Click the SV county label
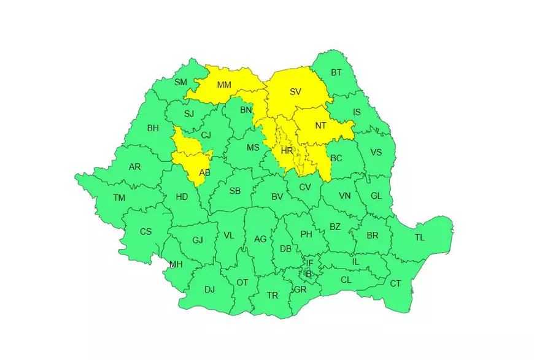point(295,92)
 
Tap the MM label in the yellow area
point(224,85)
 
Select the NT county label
point(320,126)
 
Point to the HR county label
point(287,151)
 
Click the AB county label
point(205,172)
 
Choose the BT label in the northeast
point(336,72)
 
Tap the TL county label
point(419,237)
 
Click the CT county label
point(395,283)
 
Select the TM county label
point(119,197)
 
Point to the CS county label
point(145,231)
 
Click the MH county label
point(176,264)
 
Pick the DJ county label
point(209,289)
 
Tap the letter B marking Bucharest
point(309,274)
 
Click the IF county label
point(309,263)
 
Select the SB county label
point(234,191)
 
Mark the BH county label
point(153,129)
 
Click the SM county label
point(180,82)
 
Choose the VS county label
point(376,152)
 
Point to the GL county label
point(376,196)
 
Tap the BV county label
point(277,197)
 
